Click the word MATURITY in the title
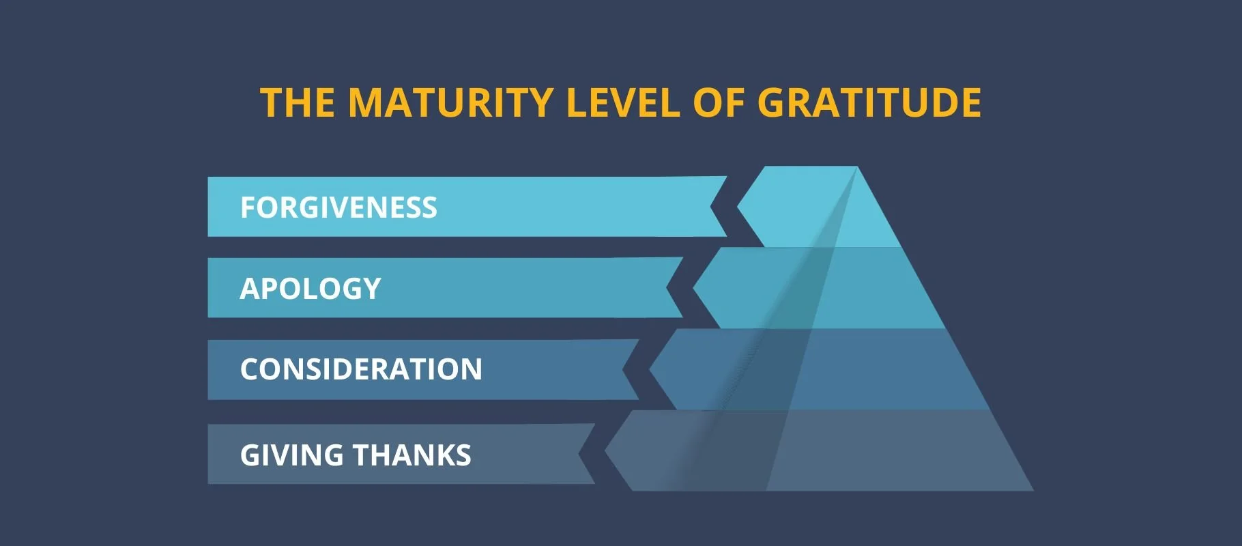pos(450,103)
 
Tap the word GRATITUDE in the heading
pos(869,103)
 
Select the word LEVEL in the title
pos(623,103)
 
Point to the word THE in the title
pos(297,103)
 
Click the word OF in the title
pos(719,103)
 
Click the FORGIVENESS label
pos(338,207)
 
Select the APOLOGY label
pos(310,289)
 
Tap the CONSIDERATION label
pos(361,369)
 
